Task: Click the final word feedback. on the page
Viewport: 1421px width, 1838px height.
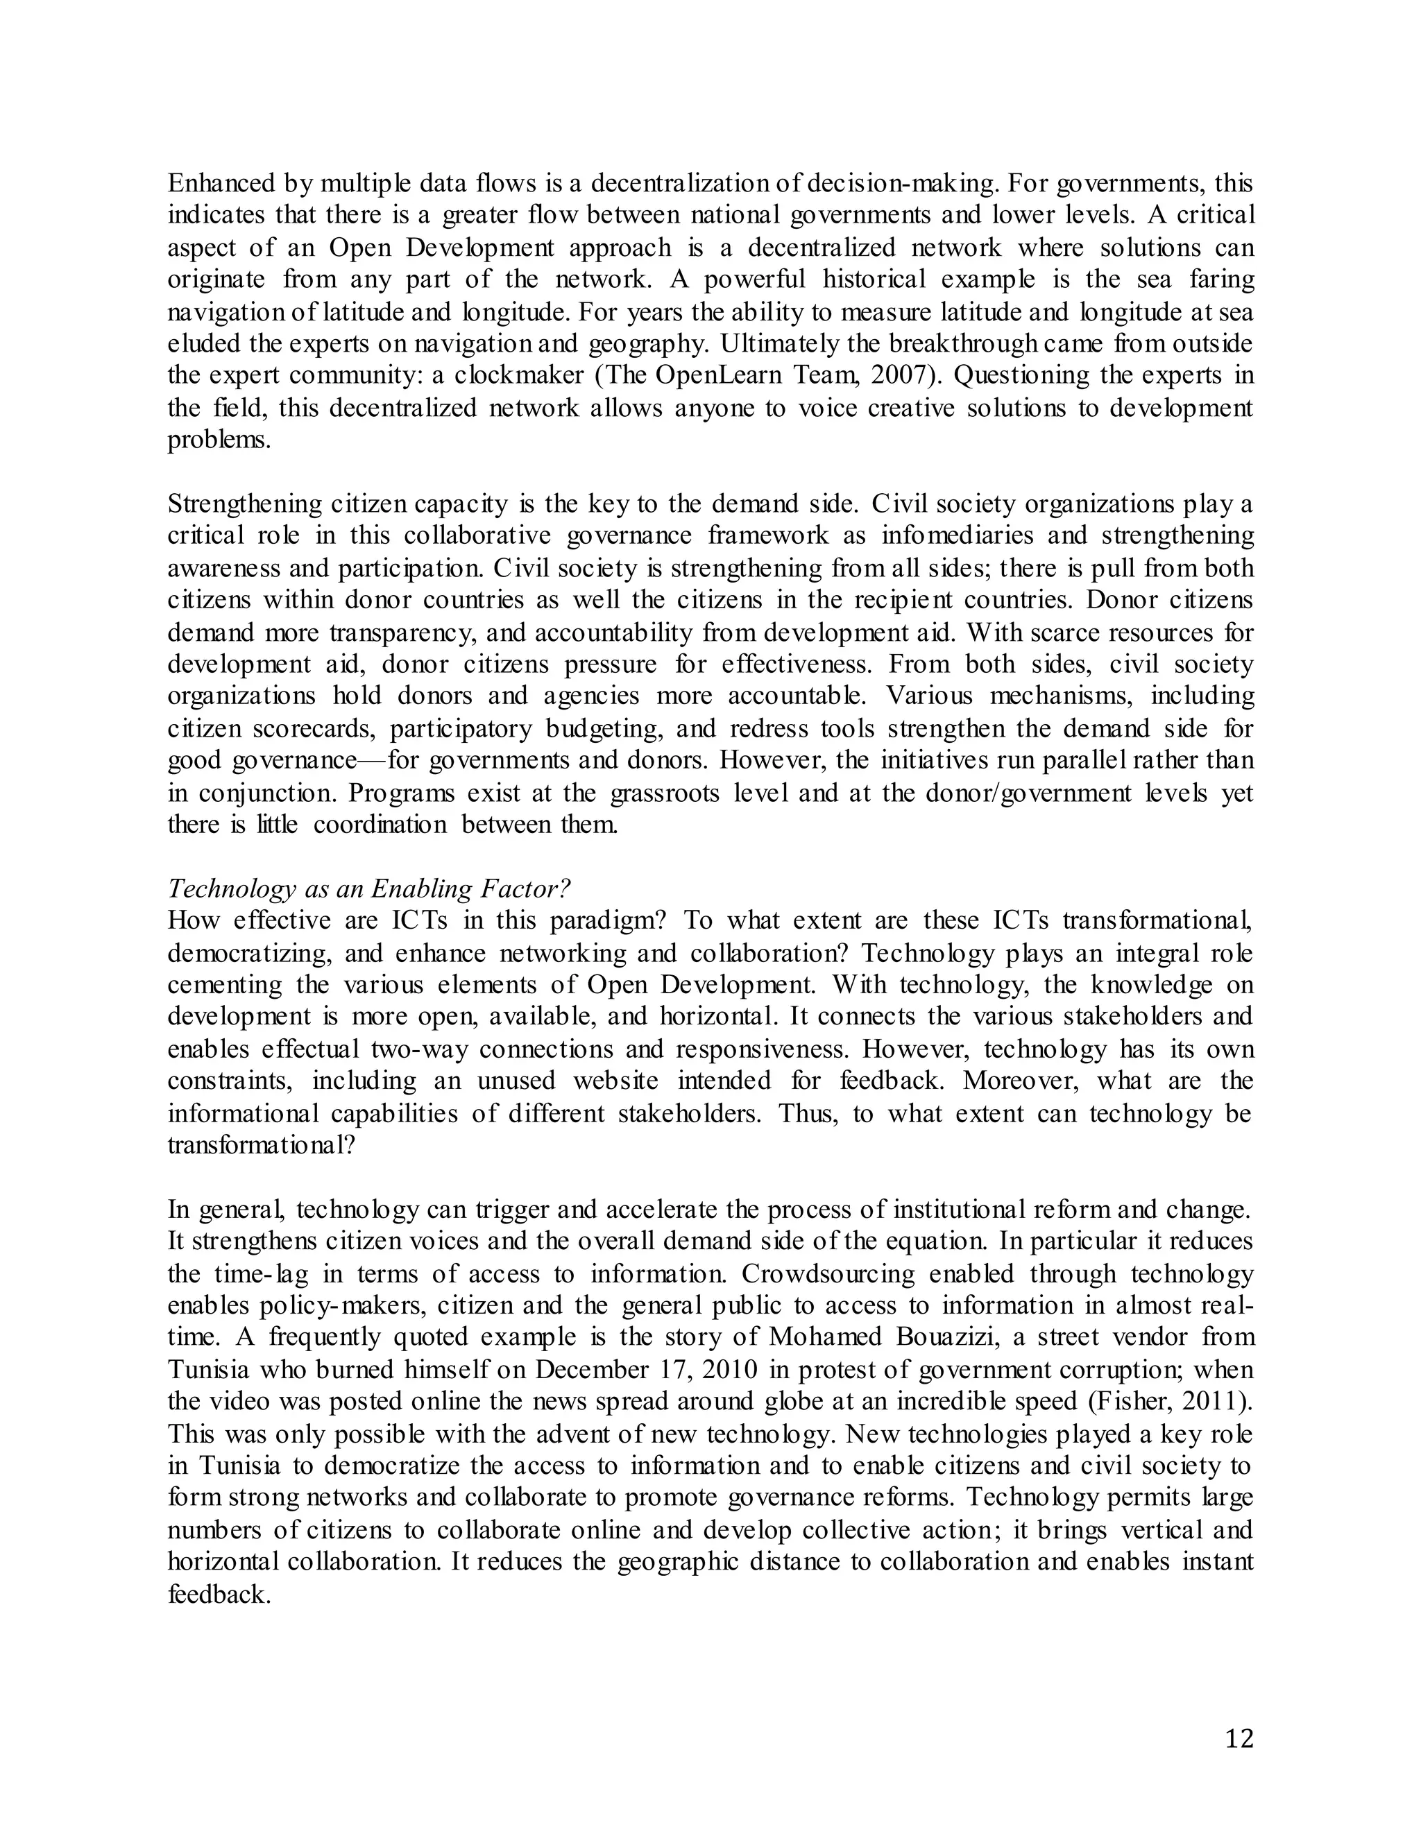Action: [219, 1594]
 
